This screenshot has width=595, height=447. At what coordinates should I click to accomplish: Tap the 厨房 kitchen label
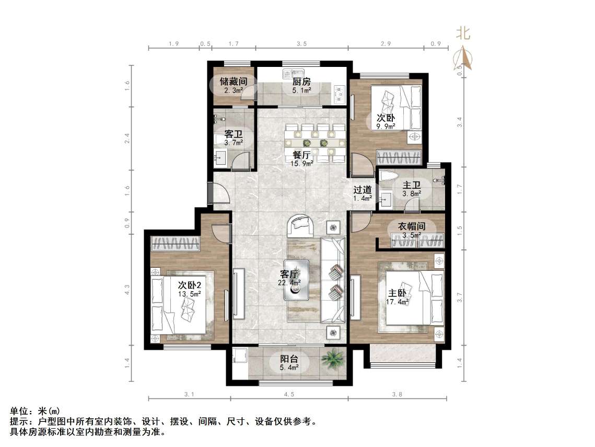(x=301, y=82)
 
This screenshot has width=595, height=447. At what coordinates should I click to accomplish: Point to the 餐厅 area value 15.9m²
(x=302, y=163)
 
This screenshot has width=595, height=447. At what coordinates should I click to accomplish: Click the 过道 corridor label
(x=362, y=190)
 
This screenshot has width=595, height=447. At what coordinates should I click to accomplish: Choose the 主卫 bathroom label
(x=412, y=186)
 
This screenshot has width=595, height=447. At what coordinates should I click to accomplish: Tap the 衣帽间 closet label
(x=412, y=226)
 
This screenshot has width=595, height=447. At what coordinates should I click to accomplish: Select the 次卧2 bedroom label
(x=189, y=285)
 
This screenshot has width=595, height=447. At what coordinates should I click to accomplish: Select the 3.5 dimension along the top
(x=301, y=44)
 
